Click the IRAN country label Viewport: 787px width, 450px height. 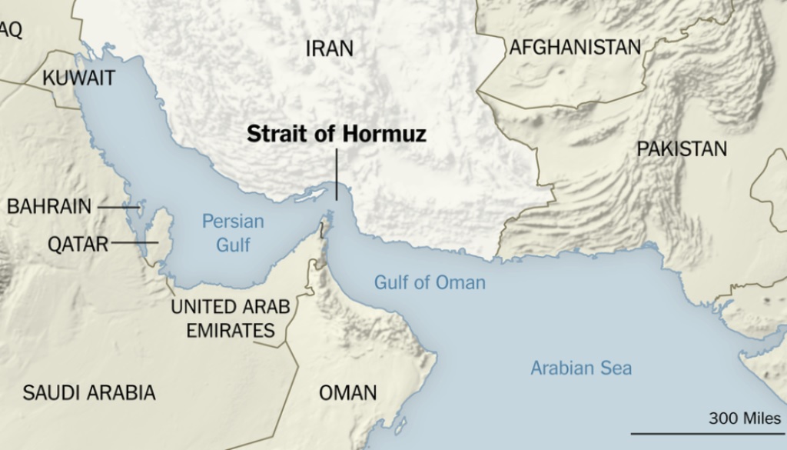pyautogui.click(x=330, y=48)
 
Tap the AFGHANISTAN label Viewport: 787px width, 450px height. pyautogui.click(x=575, y=48)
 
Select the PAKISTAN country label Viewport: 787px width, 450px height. pyautogui.click(x=682, y=148)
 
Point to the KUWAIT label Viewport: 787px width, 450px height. pyautogui.click(x=78, y=78)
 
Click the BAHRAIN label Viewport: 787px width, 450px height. pyautogui.click(x=49, y=206)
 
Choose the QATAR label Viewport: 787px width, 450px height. pyautogui.click(x=78, y=244)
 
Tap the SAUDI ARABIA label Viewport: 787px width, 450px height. pyautogui.click(x=89, y=392)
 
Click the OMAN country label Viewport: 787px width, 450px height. pyautogui.click(x=348, y=392)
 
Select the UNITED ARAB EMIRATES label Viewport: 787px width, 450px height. pyautogui.click(x=230, y=318)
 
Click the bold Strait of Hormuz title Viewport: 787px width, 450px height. pyautogui.click(x=337, y=135)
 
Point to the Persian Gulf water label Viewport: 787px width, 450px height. pyautogui.click(x=233, y=233)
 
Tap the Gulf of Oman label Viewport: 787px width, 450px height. pyautogui.click(x=430, y=282)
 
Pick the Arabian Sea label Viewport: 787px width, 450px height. pyautogui.click(x=581, y=368)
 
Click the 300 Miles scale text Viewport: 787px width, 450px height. pyautogui.click(x=744, y=418)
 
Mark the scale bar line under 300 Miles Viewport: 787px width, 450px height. pyautogui.click(x=707, y=434)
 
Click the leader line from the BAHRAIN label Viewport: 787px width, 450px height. pyautogui.click(x=116, y=207)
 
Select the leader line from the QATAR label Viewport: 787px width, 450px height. pyautogui.click(x=134, y=243)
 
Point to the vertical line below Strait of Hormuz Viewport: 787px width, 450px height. pyautogui.click(x=337, y=173)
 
